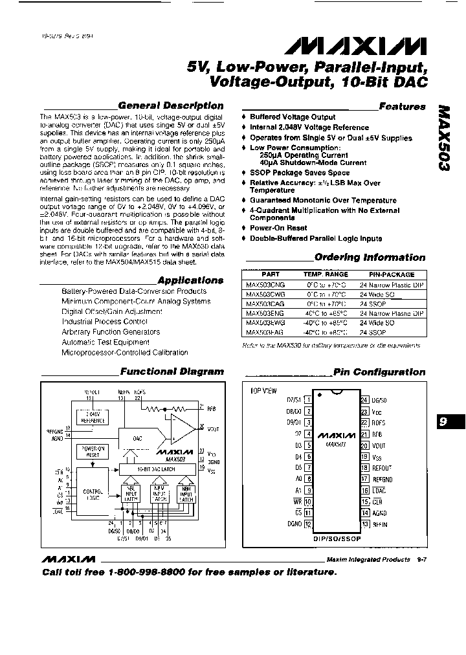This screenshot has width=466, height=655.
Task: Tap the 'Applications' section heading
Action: pyautogui.click(x=190, y=280)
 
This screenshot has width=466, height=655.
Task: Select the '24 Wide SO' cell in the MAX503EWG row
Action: pyautogui.click(x=377, y=322)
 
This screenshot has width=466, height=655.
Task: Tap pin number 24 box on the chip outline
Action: pyautogui.click(x=364, y=400)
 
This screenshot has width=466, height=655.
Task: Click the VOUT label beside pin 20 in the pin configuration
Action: pyautogui.click(x=379, y=446)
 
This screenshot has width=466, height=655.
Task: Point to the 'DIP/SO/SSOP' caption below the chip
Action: pyautogui.click(x=337, y=537)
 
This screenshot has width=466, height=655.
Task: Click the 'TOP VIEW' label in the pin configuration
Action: pyautogui.click(x=263, y=391)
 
